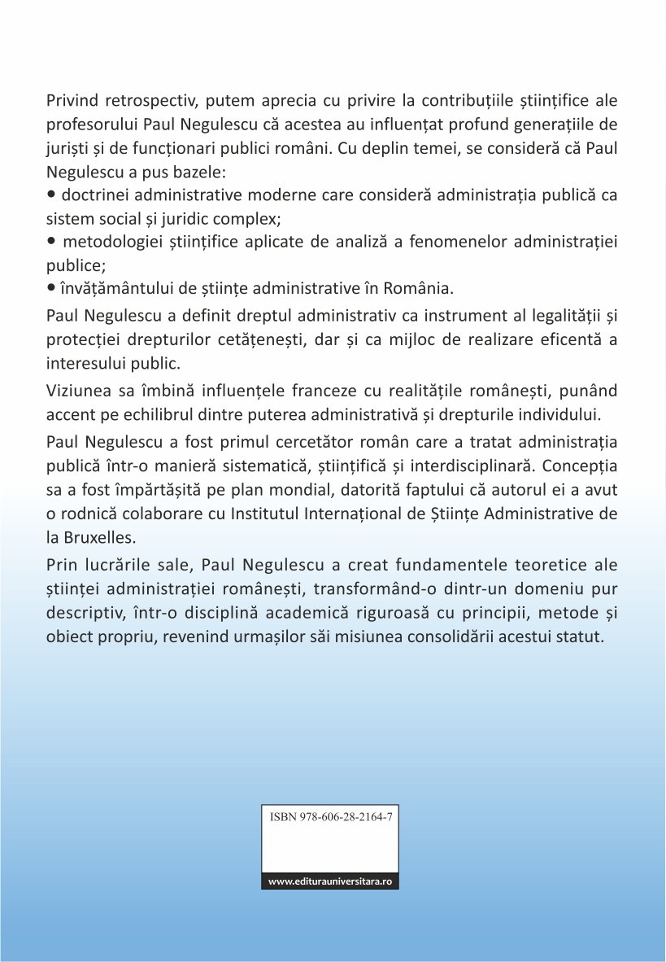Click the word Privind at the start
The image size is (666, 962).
(x=69, y=102)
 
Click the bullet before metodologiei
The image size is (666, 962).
(x=51, y=242)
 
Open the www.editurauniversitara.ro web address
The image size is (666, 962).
(x=329, y=882)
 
